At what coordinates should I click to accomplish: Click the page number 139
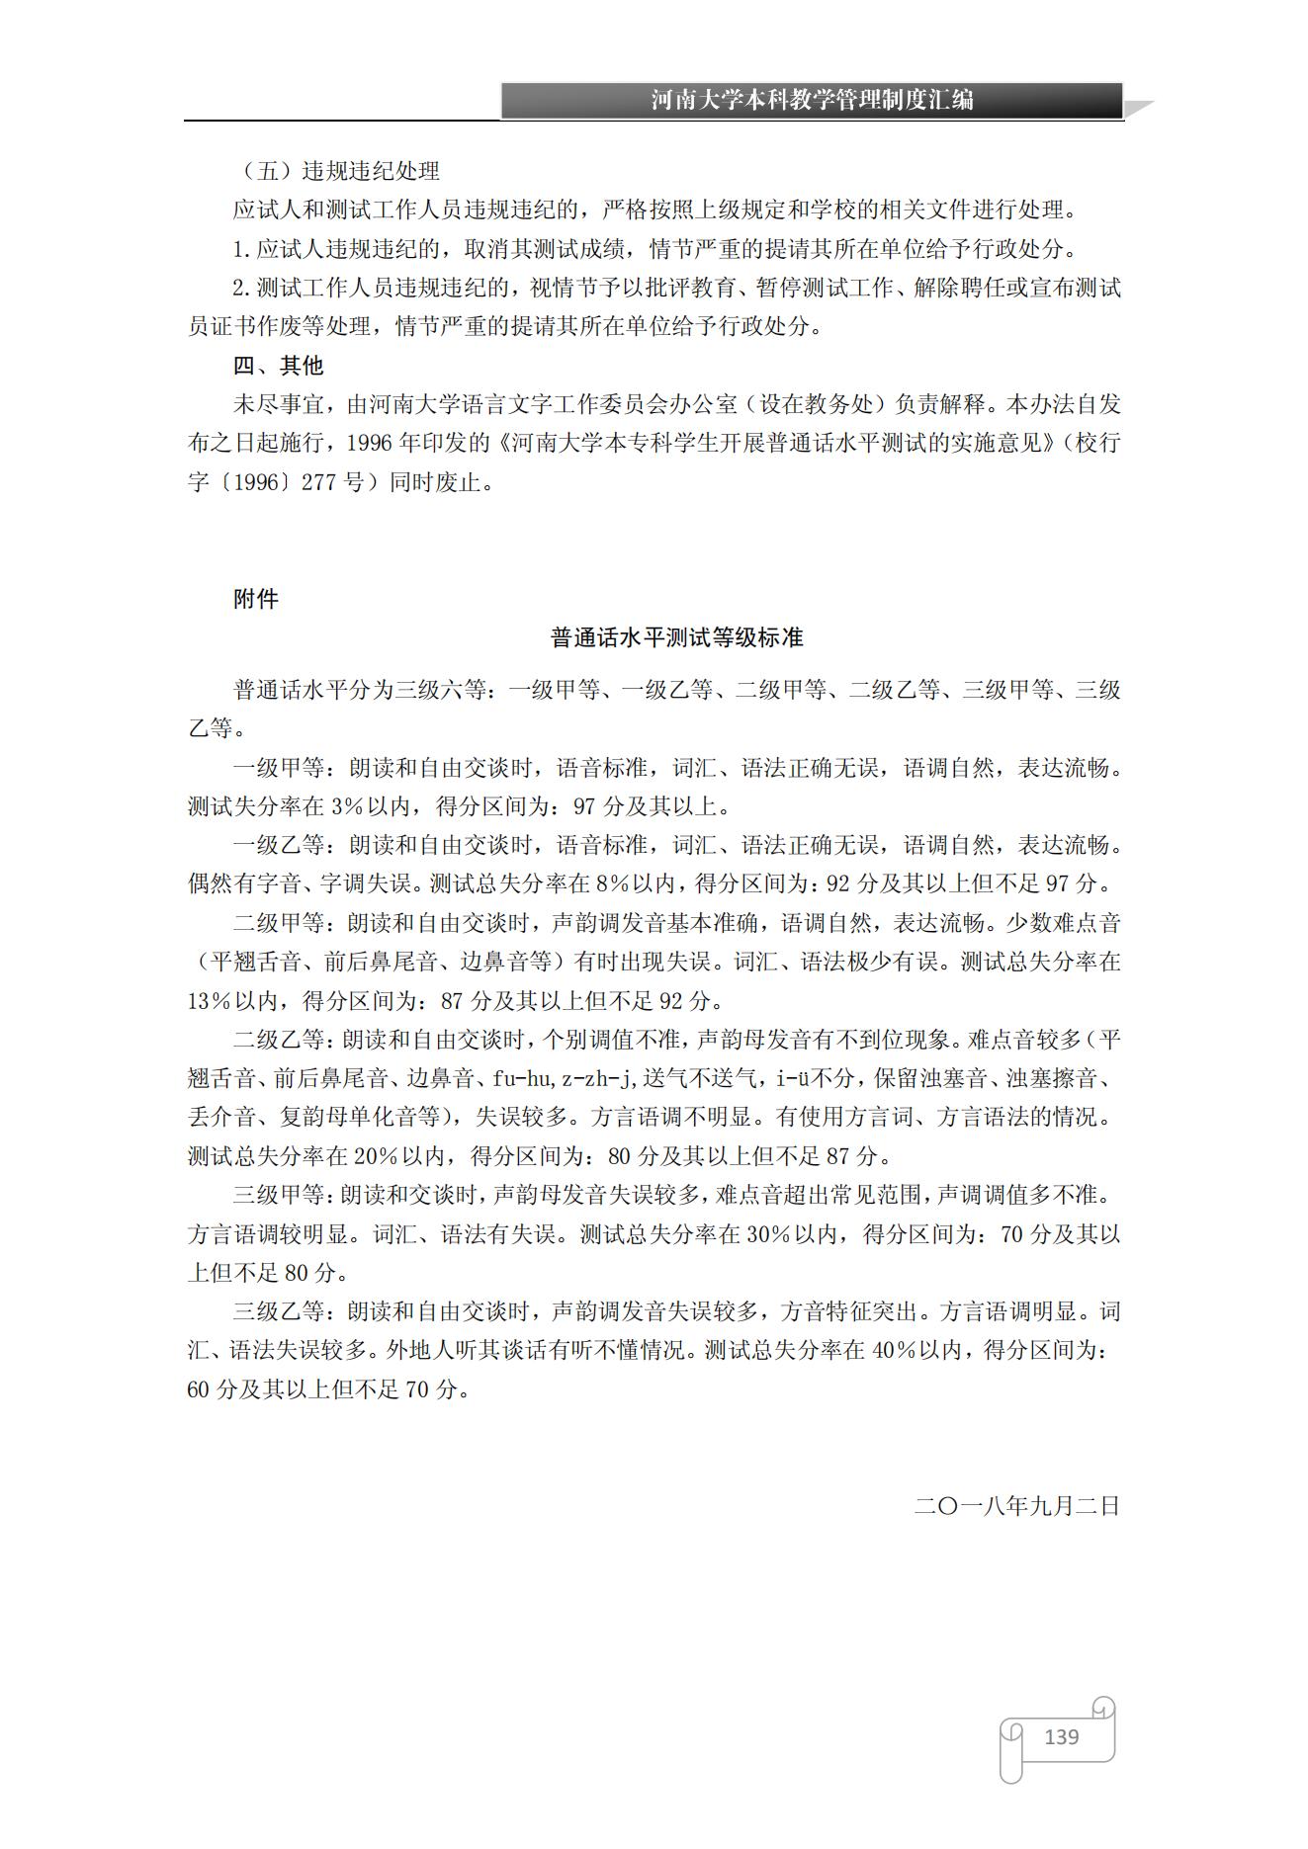click(1061, 1736)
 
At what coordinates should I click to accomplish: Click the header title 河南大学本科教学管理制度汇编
click(812, 100)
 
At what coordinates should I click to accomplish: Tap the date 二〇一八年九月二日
click(1016, 1506)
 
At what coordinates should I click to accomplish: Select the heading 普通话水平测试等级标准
click(676, 638)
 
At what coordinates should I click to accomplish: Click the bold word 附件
click(256, 599)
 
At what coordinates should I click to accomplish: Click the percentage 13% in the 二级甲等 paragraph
click(209, 1001)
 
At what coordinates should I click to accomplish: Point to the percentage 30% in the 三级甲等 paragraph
click(764, 1234)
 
